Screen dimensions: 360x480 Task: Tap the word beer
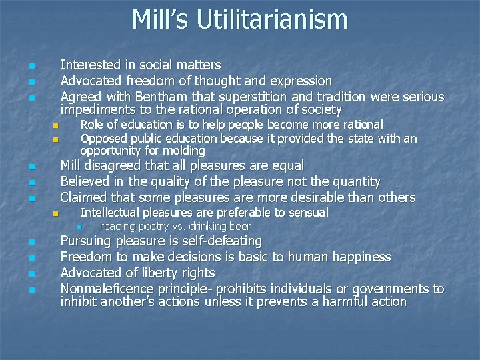pos(238,227)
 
